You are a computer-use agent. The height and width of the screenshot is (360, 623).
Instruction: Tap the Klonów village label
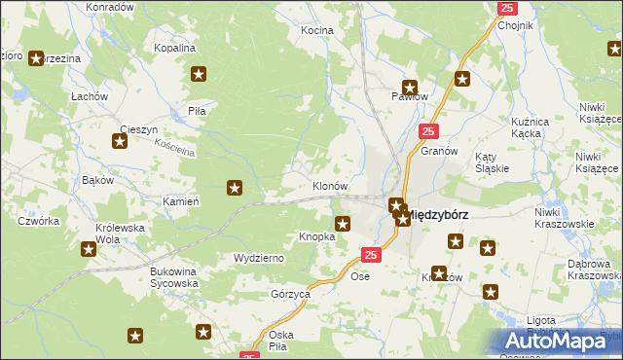click(329, 185)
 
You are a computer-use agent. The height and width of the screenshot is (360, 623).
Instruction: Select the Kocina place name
click(316, 30)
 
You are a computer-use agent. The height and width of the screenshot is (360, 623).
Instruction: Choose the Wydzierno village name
click(258, 258)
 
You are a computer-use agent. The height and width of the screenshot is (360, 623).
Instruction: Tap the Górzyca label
click(289, 293)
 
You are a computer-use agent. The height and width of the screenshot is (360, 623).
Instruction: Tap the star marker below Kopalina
click(200, 73)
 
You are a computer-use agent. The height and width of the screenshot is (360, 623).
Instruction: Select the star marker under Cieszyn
click(120, 142)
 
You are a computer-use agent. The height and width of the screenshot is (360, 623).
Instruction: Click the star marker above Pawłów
click(410, 86)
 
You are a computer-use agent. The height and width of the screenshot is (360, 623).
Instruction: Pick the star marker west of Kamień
click(235, 187)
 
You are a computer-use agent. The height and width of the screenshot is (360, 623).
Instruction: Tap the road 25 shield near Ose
click(370, 255)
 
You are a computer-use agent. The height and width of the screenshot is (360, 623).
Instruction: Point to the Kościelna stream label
click(149, 146)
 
